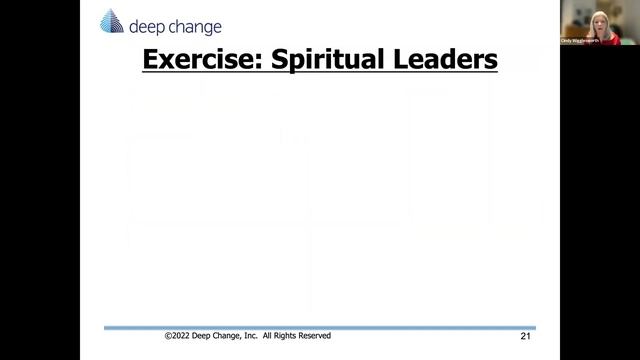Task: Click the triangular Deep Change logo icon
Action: tap(112, 22)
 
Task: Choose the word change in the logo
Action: tap(196, 27)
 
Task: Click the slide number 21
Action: tap(526, 337)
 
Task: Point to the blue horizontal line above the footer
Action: tap(320, 327)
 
